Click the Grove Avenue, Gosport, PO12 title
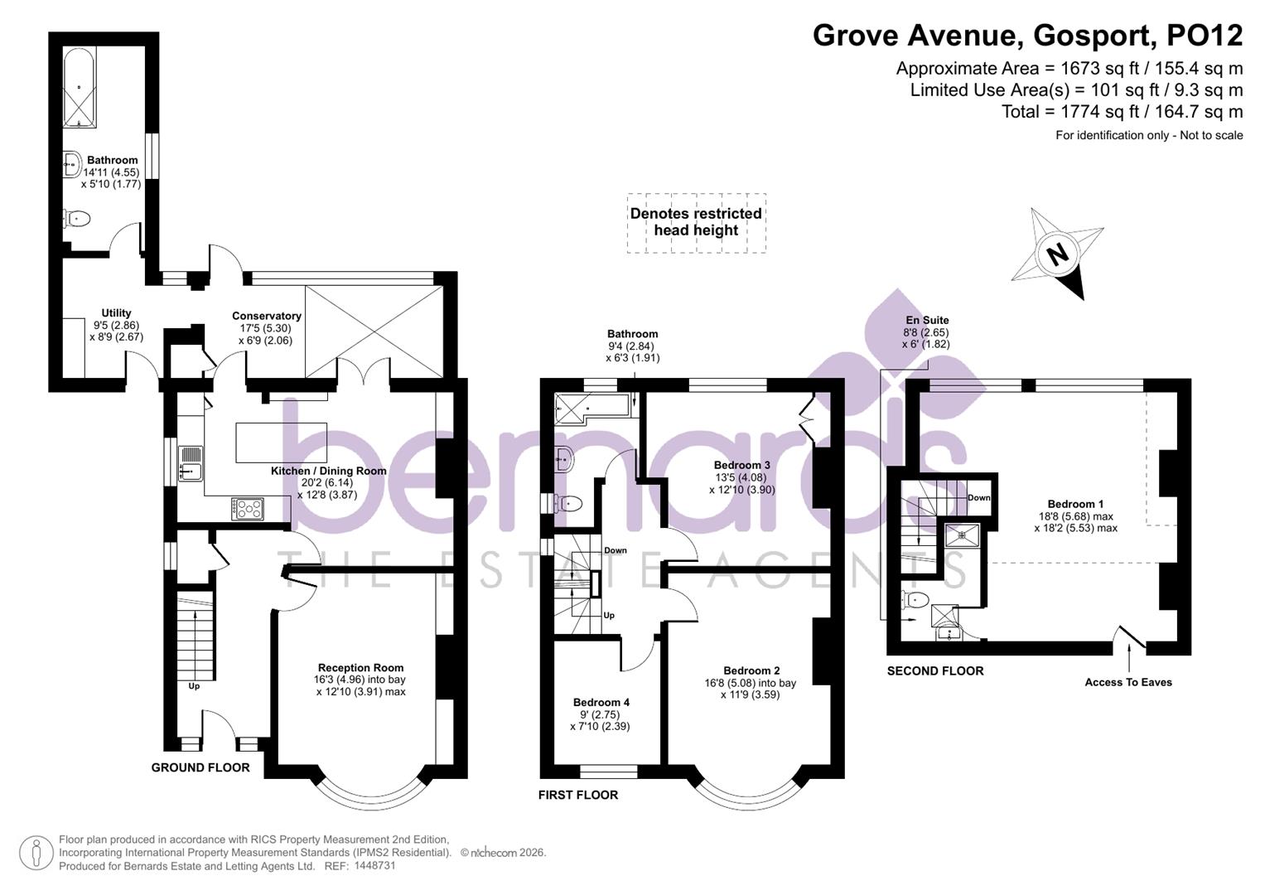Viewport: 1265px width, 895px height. pyautogui.click(x=1027, y=36)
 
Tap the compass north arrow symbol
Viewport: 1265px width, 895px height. pyautogui.click(x=1058, y=253)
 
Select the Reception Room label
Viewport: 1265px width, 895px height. pyautogui.click(x=360, y=667)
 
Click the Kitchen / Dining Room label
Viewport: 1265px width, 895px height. pyautogui.click(x=328, y=471)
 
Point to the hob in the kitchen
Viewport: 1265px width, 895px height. pyautogui.click(x=247, y=508)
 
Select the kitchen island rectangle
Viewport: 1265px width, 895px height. pyautogui.click(x=281, y=443)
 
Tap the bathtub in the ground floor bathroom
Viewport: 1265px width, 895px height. pyautogui.click(x=80, y=88)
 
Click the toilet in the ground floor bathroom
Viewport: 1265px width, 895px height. pyautogui.click(x=77, y=220)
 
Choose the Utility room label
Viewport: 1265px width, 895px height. pyautogui.click(x=116, y=313)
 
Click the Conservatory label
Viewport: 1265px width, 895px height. pyautogui.click(x=266, y=316)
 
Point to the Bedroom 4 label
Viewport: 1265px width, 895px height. pyautogui.click(x=601, y=702)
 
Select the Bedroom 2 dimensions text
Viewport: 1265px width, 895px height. pyautogui.click(x=750, y=689)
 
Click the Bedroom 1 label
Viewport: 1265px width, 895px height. pyautogui.click(x=1075, y=504)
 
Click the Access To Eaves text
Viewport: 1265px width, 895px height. pyautogui.click(x=1127, y=682)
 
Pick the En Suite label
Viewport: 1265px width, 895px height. pyautogui.click(x=927, y=320)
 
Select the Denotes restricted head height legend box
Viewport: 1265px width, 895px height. pyautogui.click(x=695, y=222)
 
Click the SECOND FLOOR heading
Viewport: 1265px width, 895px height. pyautogui.click(x=934, y=670)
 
